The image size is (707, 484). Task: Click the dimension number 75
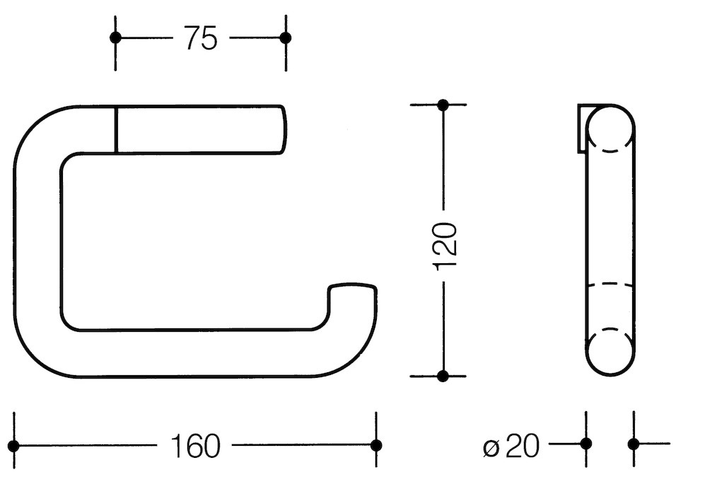point(201,40)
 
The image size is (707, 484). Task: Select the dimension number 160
point(196,446)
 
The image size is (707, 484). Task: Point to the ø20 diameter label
point(512,446)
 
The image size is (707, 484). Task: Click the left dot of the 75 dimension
point(117,38)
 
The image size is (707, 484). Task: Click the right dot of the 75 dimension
point(286,38)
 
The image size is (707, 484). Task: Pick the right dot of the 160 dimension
point(376,445)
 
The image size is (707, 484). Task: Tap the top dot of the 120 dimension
point(443,105)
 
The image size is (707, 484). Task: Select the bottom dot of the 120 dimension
point(443,376)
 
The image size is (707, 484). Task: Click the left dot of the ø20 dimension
point(585,444)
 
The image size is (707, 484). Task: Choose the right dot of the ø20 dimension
point(633,444)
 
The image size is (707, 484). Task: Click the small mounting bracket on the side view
point(582,127)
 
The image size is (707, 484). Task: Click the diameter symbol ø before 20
point(491,447)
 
